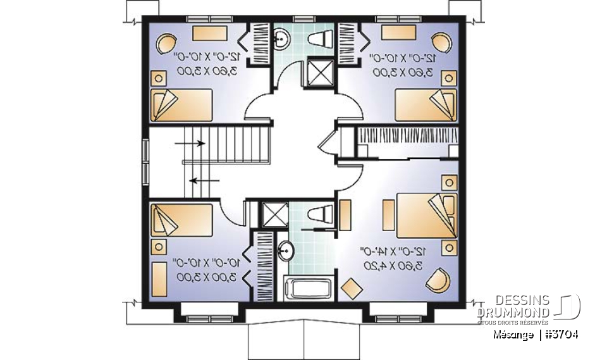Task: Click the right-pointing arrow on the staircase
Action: click(190, 143)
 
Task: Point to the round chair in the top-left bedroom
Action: click(166, 44)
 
